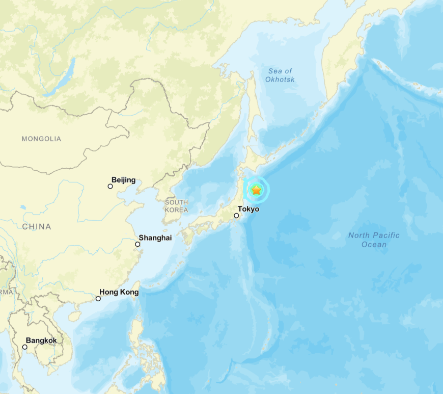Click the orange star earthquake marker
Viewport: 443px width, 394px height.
(x=256, y=190)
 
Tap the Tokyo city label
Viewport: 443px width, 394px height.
(x=248, y=209)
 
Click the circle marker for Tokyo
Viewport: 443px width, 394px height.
(x=236, y=216)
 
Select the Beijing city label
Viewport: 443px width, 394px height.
(x=124, y=180)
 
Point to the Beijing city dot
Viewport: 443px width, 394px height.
(x=110, y=186)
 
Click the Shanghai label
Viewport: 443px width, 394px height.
(x=155, y=238)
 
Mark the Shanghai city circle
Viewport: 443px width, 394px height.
(x=137, y=244)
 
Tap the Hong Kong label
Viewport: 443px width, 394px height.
(x=119, y=292)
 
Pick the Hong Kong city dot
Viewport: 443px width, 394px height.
(x=98, y=298)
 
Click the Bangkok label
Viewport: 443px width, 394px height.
(x=41, y=340)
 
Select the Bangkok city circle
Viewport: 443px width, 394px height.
(x=24, y=347)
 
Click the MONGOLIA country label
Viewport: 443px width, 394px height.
(x=41, y=139)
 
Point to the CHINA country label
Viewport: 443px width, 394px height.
(x=36, y=226)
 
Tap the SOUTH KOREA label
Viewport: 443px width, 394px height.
(x=176, y=206)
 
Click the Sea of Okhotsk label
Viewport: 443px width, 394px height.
(x=280, y=75)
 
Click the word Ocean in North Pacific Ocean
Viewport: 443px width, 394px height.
(x=374, y=245)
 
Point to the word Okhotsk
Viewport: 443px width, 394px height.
(x=280, y=80)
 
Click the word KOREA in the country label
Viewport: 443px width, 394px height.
(x=177, y=210)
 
